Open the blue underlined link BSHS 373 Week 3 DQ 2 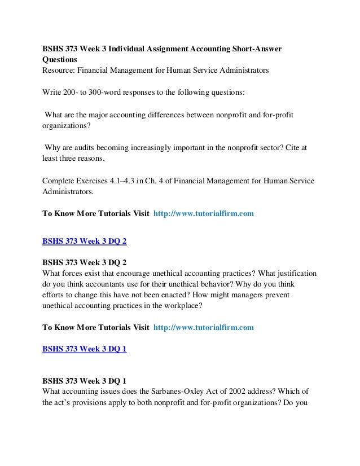(x=85, y=241)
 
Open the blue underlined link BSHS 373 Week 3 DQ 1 (x=85, y=349)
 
